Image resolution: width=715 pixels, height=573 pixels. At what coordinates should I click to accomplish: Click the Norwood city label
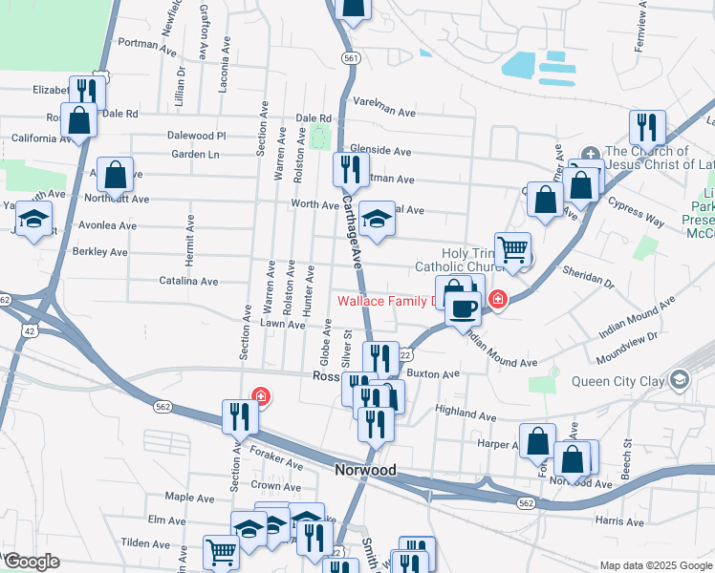coord(365,471)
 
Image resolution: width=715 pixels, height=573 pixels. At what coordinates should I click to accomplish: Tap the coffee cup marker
coord(464,309)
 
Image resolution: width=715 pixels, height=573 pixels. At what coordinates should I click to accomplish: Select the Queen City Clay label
coord(617,381)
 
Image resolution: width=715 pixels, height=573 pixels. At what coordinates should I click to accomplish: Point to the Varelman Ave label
coord(384,112)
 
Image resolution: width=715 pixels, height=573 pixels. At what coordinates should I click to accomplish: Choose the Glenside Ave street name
coord(380,151)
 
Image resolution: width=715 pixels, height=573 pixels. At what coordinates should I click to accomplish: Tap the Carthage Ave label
coord(354,231)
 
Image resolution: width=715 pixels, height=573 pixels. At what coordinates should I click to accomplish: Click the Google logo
coord(31,561)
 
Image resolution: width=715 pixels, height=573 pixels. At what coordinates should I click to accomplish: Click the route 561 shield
coord(352,58)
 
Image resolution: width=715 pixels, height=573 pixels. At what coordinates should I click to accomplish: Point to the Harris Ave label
coord(619,522)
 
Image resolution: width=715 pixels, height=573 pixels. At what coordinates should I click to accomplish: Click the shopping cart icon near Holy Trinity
coord(513,249)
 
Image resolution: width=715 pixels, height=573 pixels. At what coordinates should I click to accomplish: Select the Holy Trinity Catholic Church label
coord(453,260)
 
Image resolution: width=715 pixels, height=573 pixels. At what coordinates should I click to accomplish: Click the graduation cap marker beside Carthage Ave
coord(377,219)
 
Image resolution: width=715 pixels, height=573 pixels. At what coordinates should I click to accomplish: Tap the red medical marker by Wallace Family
coord(496,301)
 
